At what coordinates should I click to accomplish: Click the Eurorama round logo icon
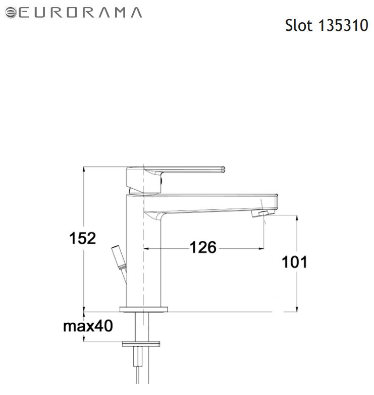click(x=11, y=13)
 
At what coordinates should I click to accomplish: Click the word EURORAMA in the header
click(x=80, y=13)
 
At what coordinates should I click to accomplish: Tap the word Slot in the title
click(x=299, y=25)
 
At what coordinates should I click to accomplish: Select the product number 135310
click(x=343, y=25)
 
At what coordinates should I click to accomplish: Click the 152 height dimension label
click(x=82, y=238)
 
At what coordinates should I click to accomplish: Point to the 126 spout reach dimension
click(x=203, y=247)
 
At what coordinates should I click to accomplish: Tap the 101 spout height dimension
click(x=294, y=262)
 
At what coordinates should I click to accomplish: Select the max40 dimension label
click(x=88, y=326)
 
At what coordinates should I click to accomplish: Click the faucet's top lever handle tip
click(x=223, y=169)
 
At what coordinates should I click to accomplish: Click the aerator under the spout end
click(x=262, y=213)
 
